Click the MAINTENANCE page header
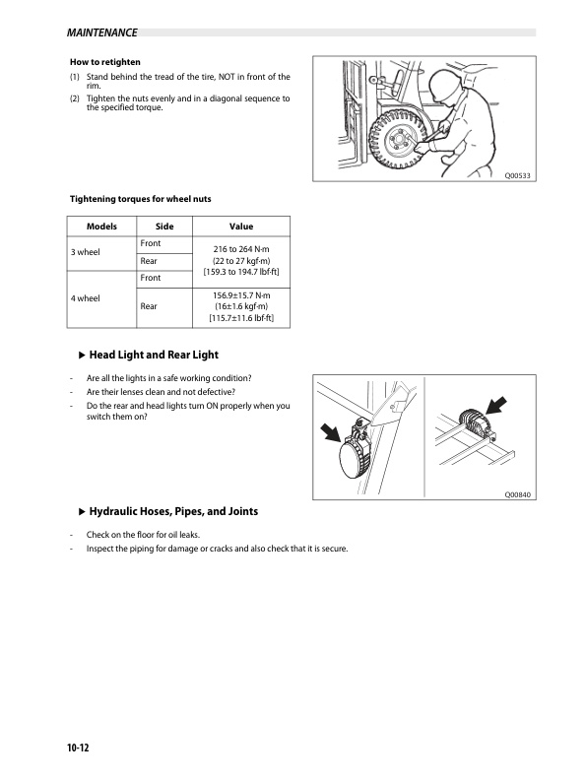tap(102, 32)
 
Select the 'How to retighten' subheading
tap(105, 62)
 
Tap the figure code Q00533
tap(517, 175)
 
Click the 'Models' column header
tap(101, 227)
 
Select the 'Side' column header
tap(164, 227)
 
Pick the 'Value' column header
tap(241, 227)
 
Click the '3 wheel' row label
tap(85, 252)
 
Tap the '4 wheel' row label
tap(85, 298)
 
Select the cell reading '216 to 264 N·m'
tap(241, 249)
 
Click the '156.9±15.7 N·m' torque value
tap(241, 295)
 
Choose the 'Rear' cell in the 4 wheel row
tap(149, 306)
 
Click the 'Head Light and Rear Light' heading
tap(154, 355)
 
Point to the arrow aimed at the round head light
tap(331, 432)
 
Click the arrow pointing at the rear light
tap(496, 406)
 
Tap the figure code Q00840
tap(517, 495)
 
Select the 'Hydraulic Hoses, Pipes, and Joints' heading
tap(173, 511)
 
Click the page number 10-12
tap(78, 747)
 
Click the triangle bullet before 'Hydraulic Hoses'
tap(83, 511)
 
